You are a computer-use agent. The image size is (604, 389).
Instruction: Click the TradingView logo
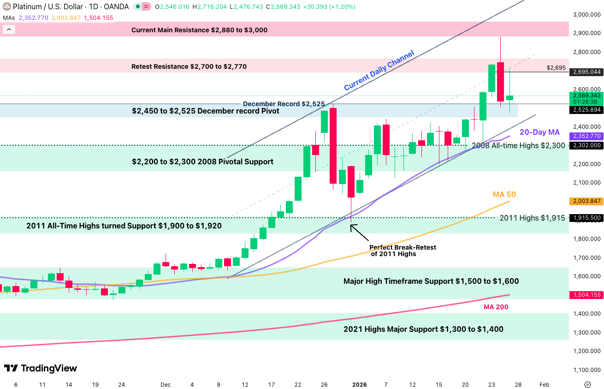pyautogui.click(x=41, y=368)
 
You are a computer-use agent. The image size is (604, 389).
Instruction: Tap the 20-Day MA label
pyautogui.click(x=539, y=132)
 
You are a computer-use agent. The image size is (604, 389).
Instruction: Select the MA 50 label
pyautogui.click(x=504, y=195)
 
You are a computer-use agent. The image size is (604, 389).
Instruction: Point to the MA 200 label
pyautogui.click(x=496, y=307)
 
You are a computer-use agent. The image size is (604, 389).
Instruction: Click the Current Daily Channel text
pyautogui.click(x=379, y=70)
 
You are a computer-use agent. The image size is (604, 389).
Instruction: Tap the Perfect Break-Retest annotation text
pyautogui.click(x=402, y=251)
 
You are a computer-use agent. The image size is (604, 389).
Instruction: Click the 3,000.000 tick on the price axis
pyautogui.click(x=586, y=14)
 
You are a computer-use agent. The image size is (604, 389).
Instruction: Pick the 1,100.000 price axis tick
pyautogui.click(x=586, y=370)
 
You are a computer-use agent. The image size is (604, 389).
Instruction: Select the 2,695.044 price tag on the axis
pyautogui.click(x=586, y=72)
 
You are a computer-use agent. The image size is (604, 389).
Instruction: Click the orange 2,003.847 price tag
pyautogui.click(x=586, y=201)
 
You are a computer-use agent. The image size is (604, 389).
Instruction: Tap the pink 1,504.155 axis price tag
pyautogui.click(x=586, y=295)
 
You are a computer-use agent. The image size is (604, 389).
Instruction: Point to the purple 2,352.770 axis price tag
pyautogui.click(x=586, y=136)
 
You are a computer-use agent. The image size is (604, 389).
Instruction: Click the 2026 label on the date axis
pyautogui.click(x=359, y=384)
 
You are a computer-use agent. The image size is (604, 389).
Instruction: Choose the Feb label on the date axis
pyautogui.click(x=544, y=384)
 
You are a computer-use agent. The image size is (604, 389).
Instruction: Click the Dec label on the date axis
pyautogui.click(x=165, y=384)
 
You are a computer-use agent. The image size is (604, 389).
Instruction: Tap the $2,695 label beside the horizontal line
pyautogui.click(x=556, y=68)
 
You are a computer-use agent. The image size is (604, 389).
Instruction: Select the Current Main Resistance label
pyautogui.click(x=199, y=30)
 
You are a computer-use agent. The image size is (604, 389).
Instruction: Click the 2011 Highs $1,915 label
pyautogui.click(x=532, y=218)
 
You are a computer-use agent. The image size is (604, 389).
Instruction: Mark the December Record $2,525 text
pyautogui.click(x=284, y=104)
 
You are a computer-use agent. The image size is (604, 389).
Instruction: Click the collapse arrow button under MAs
pyautogui.click(x=9, y=30)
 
